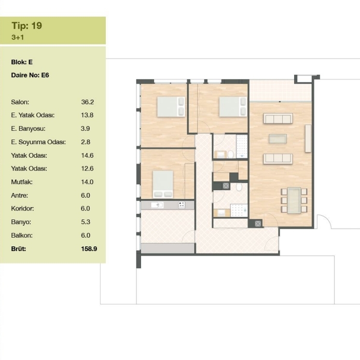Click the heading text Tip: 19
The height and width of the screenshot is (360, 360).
pyautogui.click(x=26, y=25)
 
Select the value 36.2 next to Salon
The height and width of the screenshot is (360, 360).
pyautogui.click(x=88, y=102)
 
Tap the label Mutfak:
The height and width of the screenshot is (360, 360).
pyautogui.click(x=22, y=182)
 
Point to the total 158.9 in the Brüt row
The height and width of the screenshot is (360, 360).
pyautogui.click(x=89, y=249)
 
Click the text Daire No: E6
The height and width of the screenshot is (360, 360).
pyautogui.click(x=30, y=75)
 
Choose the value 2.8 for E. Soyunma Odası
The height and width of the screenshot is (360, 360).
pyautogui.click(x=86, y=142)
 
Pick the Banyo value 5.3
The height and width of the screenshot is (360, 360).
pyautogui.click(x=86, y=222)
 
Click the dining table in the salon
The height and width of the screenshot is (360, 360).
pyautogui.click(x=294, y=200)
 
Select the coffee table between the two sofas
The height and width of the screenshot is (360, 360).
pyautogui.click(x=278, y=139)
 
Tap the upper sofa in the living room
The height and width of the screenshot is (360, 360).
pyautogui.click(x=278, y=118)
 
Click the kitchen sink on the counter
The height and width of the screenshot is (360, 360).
pyautogui.click(x=157, y=205)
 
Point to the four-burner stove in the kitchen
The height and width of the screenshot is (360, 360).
pyautogui.click(x=182, y=205)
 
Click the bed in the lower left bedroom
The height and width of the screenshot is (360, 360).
pyautogui.click(x=163, y=184)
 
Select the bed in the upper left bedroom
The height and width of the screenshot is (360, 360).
pyautogui.click(x=171, y=107)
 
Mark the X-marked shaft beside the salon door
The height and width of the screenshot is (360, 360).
pyautogui.click(x=258, y=224)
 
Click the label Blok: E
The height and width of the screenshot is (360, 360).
pyautogui.click(x=22, y=62)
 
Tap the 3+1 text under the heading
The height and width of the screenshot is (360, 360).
pyautogui.click(x=18, y=37)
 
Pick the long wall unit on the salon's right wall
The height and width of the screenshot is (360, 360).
pyautogui.click(x=308, y=139)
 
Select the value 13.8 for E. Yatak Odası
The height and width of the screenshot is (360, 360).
pyautogui.click(x=87, y=115)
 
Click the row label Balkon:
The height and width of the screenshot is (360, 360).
pyautogui.click(x=22, y=236)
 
